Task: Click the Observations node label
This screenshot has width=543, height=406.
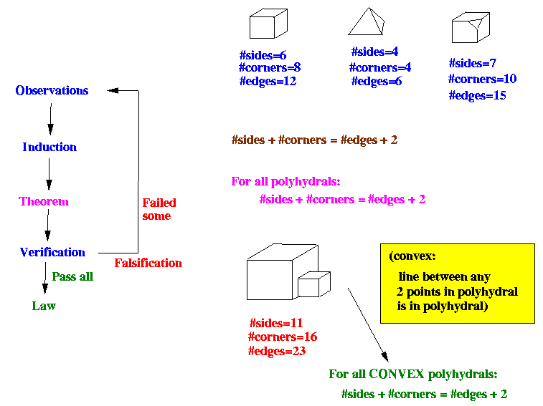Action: click(x=52, y=91)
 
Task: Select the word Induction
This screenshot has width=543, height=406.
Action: click(x=49, y=148)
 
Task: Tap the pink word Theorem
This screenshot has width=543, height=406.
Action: click(x=44, y=202)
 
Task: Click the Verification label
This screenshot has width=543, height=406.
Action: click(x=52, y=252)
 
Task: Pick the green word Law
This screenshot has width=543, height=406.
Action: click(x=44, y=306)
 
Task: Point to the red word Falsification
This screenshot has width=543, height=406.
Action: click(x=148, y=263)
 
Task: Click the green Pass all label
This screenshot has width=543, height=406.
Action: click(x=72, y=276)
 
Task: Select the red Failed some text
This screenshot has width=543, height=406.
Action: click(x=159, y=209)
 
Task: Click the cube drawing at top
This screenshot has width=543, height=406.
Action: click(x=268, y=24)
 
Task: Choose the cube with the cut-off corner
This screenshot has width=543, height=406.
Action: click(x=471, y=28)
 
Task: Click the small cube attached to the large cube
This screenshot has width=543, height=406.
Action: click(x=313, y=284)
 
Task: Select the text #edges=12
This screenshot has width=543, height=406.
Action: click(x=268, y=82)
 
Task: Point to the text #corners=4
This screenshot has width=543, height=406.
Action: click(x=380, y=68)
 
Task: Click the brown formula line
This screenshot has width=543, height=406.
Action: click(x=314, y=140)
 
